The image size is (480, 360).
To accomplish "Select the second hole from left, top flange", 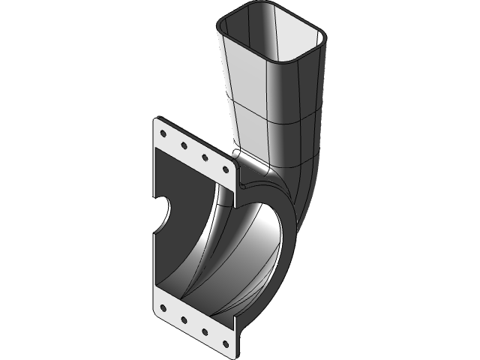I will click(182, 145).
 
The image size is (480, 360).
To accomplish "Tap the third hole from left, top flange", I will click(203, 157).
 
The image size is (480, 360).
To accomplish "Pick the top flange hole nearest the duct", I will click(224, 170).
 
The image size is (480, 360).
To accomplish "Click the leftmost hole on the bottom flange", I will click(163, 306).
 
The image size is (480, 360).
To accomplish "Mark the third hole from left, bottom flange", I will click(204, 331).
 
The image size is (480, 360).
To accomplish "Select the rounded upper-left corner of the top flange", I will click(157, 120).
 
